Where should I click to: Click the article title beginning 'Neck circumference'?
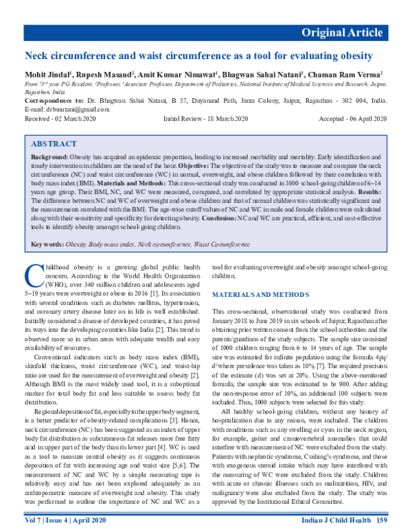[x=199, y=56]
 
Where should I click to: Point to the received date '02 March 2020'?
[x=78, y=119]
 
